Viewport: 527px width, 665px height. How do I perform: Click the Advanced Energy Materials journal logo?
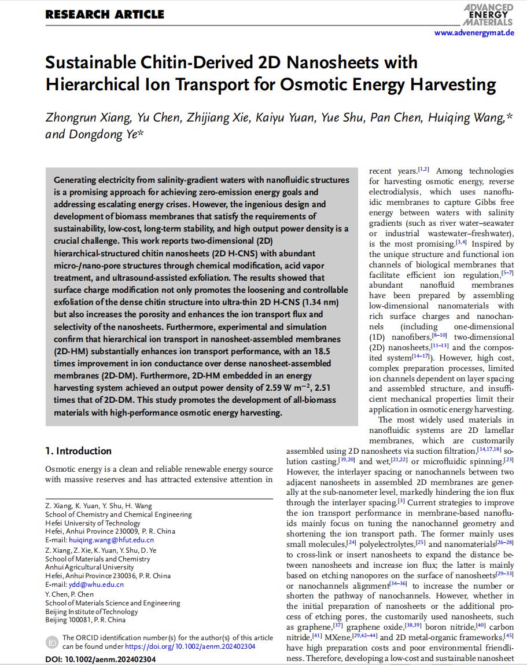click(x=489, y=14)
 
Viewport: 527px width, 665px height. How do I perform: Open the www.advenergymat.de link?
click(x=474, y=33)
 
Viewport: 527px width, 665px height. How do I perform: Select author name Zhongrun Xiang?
click(x=87, y=118)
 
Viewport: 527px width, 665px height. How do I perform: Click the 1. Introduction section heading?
click(x=79, y=451)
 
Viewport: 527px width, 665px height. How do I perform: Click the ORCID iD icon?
click(x=52, y=642)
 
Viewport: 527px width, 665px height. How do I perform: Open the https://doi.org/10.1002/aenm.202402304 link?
click(x=190, y=646)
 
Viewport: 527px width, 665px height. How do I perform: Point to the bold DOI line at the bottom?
click(x=100, y=659)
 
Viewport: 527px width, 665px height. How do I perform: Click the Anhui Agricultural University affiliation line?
click(x=89, y=567)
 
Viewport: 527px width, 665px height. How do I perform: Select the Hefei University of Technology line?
click(x=93, y=523)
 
